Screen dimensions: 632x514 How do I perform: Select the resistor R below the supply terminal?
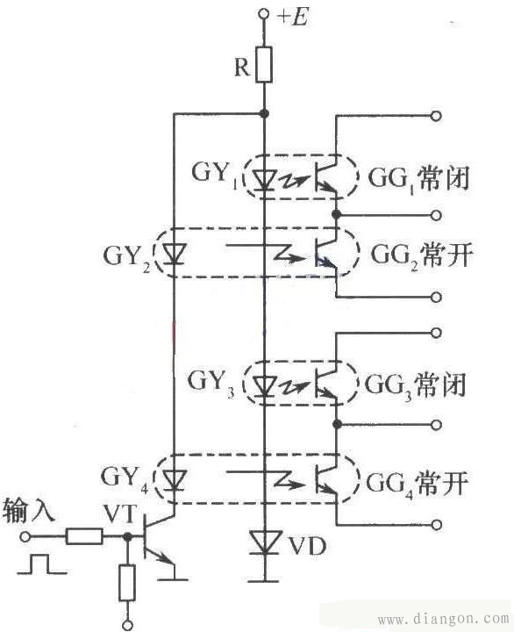264,65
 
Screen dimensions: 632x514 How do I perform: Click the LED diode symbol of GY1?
264,178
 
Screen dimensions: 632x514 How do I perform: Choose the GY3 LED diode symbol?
264,384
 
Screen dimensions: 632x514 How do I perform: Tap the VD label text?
305,547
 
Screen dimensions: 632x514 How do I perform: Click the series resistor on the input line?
85,535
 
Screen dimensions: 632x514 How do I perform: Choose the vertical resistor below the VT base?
128,582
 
